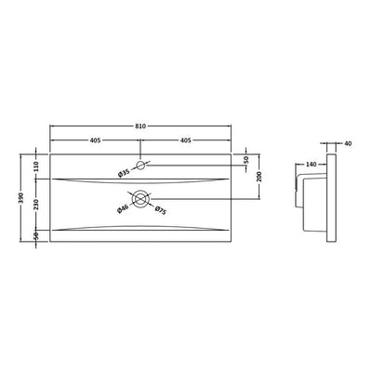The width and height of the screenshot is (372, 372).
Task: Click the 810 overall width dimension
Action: tap(140, 126)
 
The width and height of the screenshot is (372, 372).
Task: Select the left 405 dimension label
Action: tap(95, 140)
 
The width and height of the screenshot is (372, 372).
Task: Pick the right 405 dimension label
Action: tap(185, 140)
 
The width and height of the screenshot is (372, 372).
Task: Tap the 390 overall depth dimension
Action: tap(21, 197)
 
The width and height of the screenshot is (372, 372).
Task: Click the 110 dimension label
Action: tap(35, 166)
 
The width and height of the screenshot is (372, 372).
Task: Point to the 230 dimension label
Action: tap(35, 205)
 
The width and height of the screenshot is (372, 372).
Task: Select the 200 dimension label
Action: tap(259, 176)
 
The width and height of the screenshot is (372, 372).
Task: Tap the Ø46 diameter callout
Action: tap(123, 209)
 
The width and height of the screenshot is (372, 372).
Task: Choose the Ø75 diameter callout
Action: tap(161, 210)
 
